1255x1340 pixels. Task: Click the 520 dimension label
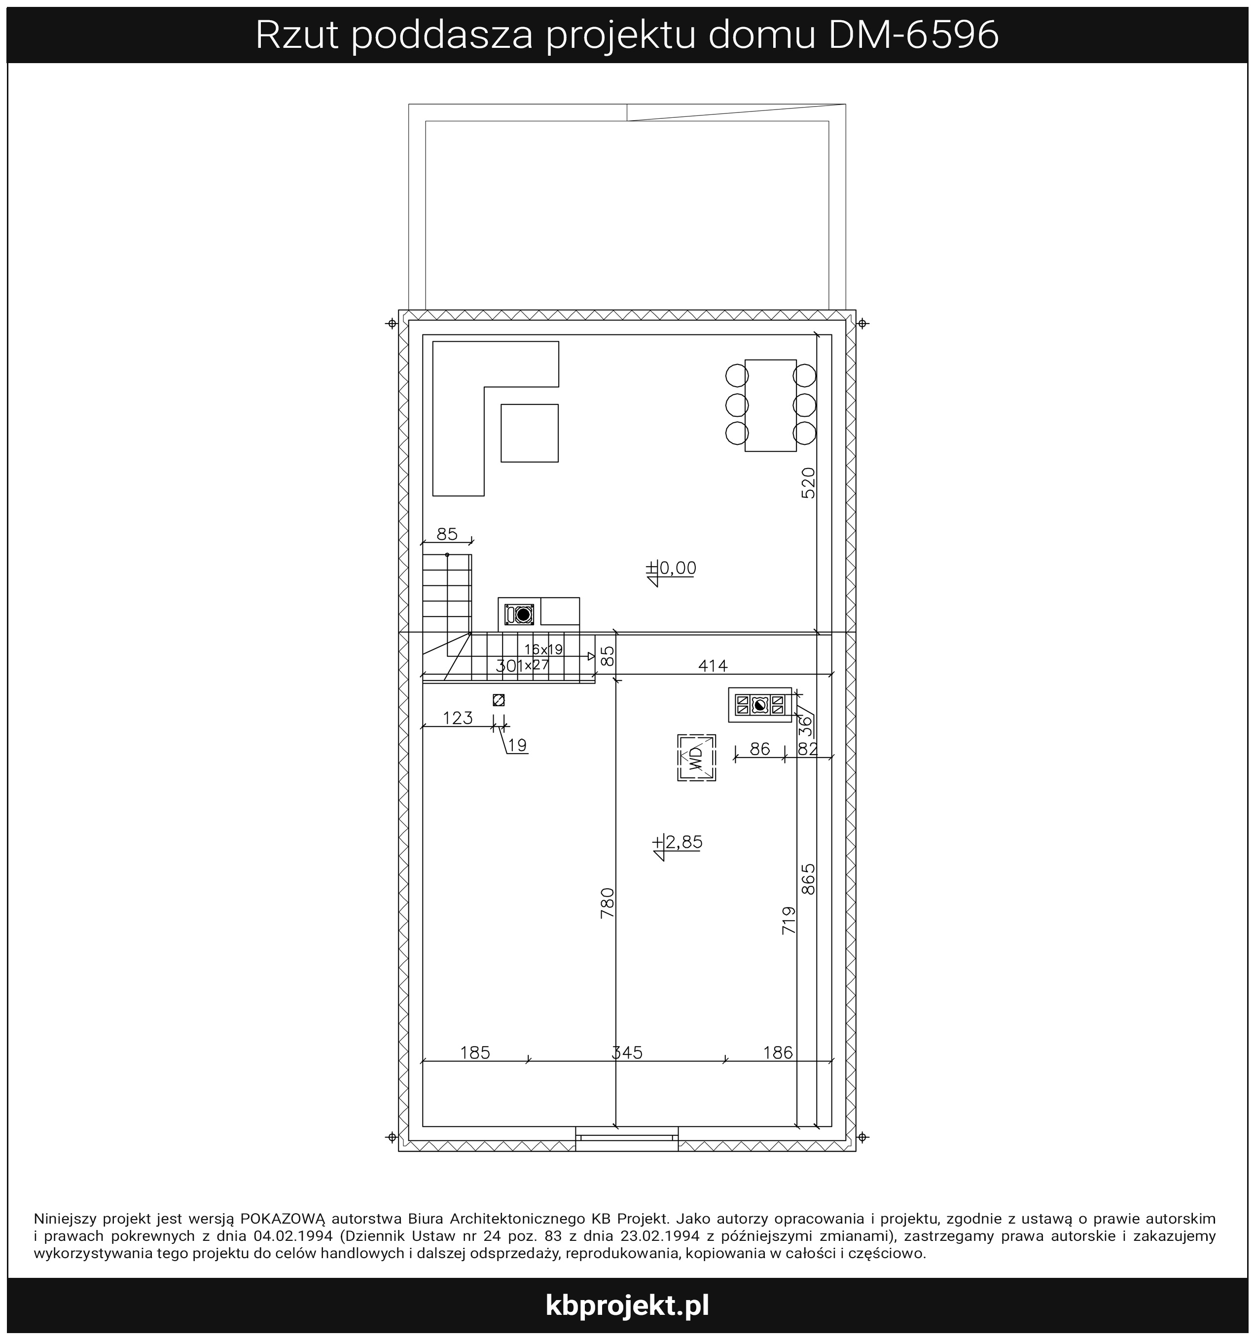click(x=808, y=483)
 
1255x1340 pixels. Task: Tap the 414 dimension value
click(x=713, y=666)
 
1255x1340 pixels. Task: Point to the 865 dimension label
click(x=808, y=879)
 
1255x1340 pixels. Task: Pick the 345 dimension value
click(x=627, y=1052)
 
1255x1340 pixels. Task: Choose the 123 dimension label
click(x=458, y=718)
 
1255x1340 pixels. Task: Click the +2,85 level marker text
click(x=678, y=842)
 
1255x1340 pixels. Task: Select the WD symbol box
click(x=696, y=758)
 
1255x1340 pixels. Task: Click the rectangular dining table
click(x=770, y=405)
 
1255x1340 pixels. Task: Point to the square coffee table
click(x=529, y=433)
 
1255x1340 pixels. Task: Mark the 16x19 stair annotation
click(x=543, y=650)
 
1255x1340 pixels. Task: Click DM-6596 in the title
click(x=913, y=36)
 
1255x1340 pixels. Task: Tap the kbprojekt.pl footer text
click(x=627, y=1305)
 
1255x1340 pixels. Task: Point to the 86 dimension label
click(x=759, y=749)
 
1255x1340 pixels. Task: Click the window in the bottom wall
click(x=627, y=1138)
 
